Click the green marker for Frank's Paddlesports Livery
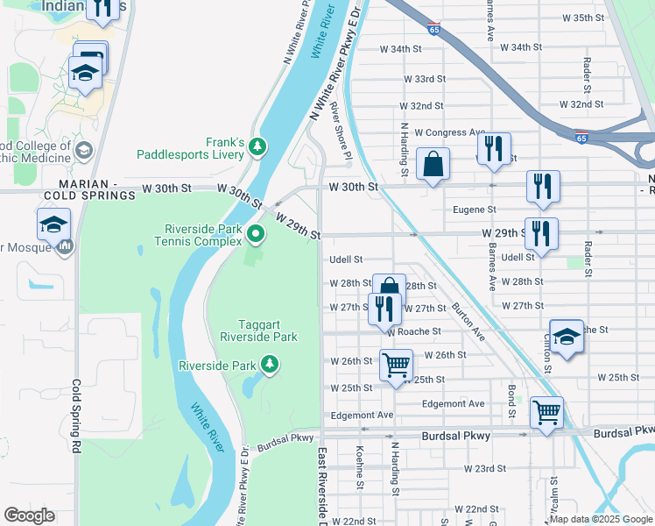click(257, 146)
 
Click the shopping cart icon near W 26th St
click(396, 364)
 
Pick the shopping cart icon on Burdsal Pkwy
click(546, 411)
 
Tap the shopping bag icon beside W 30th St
click(433, 164)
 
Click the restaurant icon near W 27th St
click(384, 309)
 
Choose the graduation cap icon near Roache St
click(567, 338)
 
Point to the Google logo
click(29, 515)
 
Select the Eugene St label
click(475, 210)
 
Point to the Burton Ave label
click(469, 322)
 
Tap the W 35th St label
click(583, 18)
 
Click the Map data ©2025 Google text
click(600, 519)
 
